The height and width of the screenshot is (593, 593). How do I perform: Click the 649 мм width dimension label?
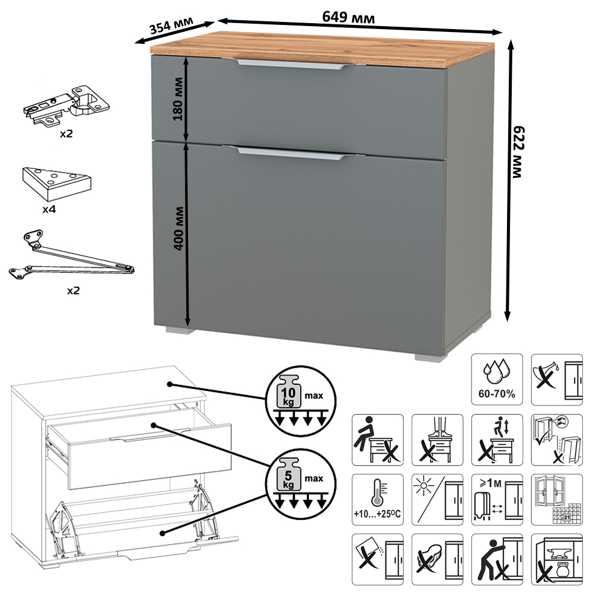[x=348, y=17]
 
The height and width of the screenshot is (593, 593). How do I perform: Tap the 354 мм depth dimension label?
[x=171, y=25]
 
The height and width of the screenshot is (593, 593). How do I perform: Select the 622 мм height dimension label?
[x=518, y=152]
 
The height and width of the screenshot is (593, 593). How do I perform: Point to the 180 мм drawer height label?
[x=178, y=99]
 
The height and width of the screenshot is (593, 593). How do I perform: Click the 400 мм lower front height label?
[x=178, y=228]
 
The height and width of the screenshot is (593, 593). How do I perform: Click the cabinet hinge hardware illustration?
[x=66, y=105]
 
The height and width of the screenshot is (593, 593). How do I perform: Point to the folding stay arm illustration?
[x=72, y=256]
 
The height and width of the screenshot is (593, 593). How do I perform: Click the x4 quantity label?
[x=49, y=209]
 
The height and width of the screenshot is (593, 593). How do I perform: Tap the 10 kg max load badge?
[x=301, y=400]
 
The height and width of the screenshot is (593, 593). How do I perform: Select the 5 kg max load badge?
[x=301, y=484]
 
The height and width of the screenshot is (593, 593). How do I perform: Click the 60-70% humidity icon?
[x=497, y=380]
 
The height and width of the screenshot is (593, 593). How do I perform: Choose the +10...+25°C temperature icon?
[x=377, y=499]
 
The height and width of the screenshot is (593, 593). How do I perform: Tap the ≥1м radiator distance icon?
[x=497, y=499]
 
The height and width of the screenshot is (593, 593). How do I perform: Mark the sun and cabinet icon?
[x=437, y=499]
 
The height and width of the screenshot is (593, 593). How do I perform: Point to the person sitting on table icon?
[x=377, y=440]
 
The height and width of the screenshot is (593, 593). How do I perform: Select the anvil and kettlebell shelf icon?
[x=557, y=559]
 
